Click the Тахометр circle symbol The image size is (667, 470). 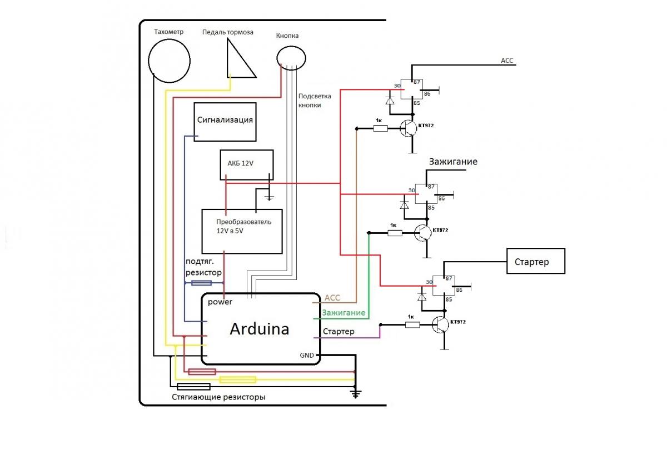click(x=170, y=62)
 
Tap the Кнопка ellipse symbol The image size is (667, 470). click(x=291, y=57)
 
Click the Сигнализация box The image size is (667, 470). click(x=225, y=122)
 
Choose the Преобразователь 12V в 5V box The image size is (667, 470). click(x=242, y=230)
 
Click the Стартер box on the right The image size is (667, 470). click(x=535, y=261)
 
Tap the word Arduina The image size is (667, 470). click(x=260, y=329)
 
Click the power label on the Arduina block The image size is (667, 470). click(x=220, y=302)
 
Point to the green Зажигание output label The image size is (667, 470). click(x=344, y=313)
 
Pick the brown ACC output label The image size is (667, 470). click(x=332, y=298)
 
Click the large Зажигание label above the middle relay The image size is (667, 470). click(x=453, y=162)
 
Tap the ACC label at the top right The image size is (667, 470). click(x=507, y=61)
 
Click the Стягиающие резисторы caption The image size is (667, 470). click(x=218, y=397)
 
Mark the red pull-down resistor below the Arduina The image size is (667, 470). click(x=202, y=372)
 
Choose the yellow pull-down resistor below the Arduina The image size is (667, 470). click(x=238, y=380)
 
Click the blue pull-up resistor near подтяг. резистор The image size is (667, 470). click(x=201, y=283)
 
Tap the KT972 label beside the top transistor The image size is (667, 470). click(x=426, y=126)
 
